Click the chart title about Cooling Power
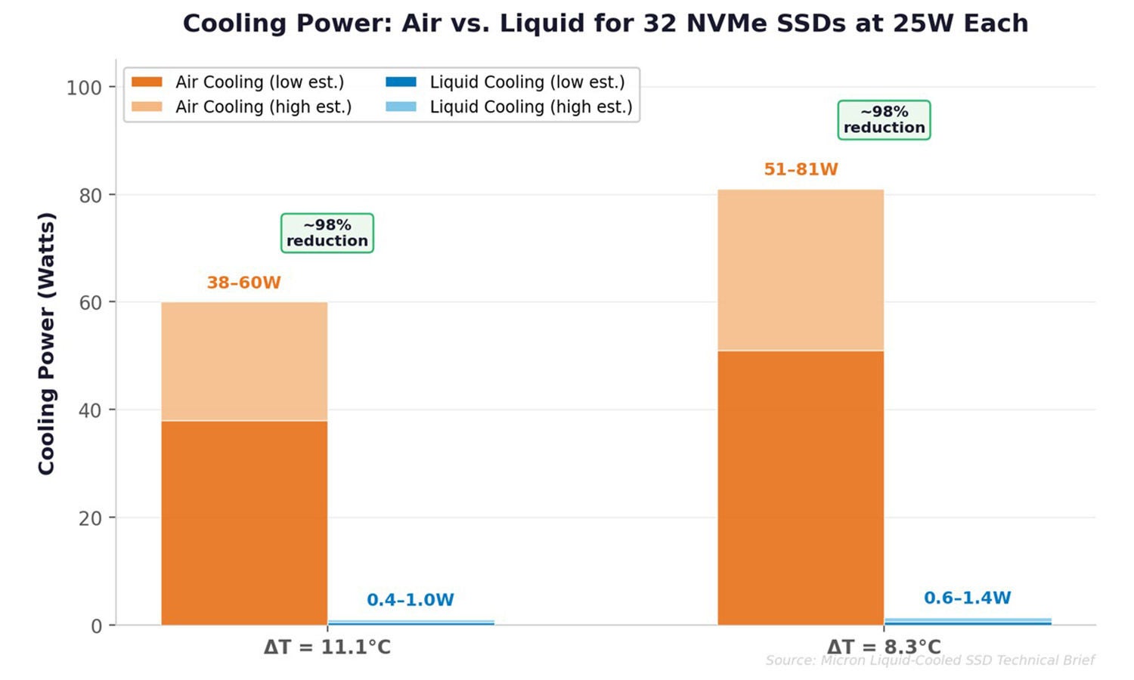(x=605, y=23)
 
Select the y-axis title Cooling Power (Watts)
(x=46, y=344)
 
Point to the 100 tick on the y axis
(x=84, y=88)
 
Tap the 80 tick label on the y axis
(x=90, y=196)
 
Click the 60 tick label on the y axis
(x=90, y=303)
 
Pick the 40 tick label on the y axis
(x=90, y=411)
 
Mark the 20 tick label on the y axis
(x=90, y=518)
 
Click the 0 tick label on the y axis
(x=96, y=626)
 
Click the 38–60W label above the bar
(x=243, y=283)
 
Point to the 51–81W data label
(x=801, y=169)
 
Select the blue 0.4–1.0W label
(x=410, y=600)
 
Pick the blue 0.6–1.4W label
(x=967, y=598)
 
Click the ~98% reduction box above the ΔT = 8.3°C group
(x=884, y=120)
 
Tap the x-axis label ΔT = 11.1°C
(x=327, y=648)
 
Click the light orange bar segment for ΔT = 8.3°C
(x=801, y=270)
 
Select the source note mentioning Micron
(x=929, y=660)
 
